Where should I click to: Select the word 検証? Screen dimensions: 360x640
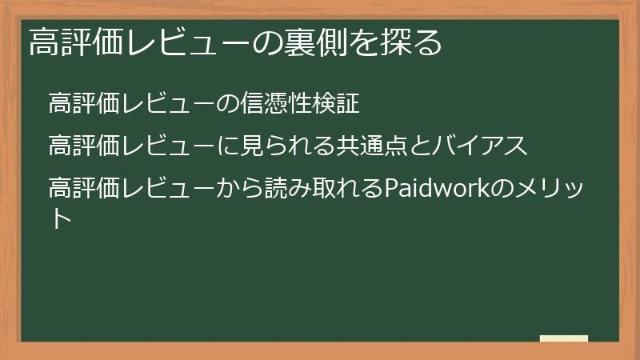point(335,104)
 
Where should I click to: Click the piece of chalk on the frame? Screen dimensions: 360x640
point(564,338)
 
